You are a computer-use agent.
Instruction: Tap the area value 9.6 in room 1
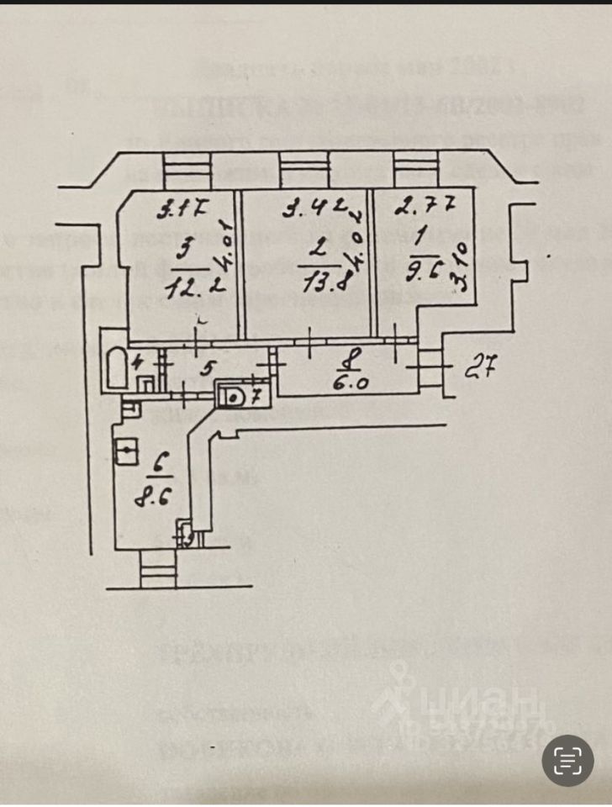point(427,271)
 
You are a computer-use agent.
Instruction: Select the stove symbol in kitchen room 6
point(125,452)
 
